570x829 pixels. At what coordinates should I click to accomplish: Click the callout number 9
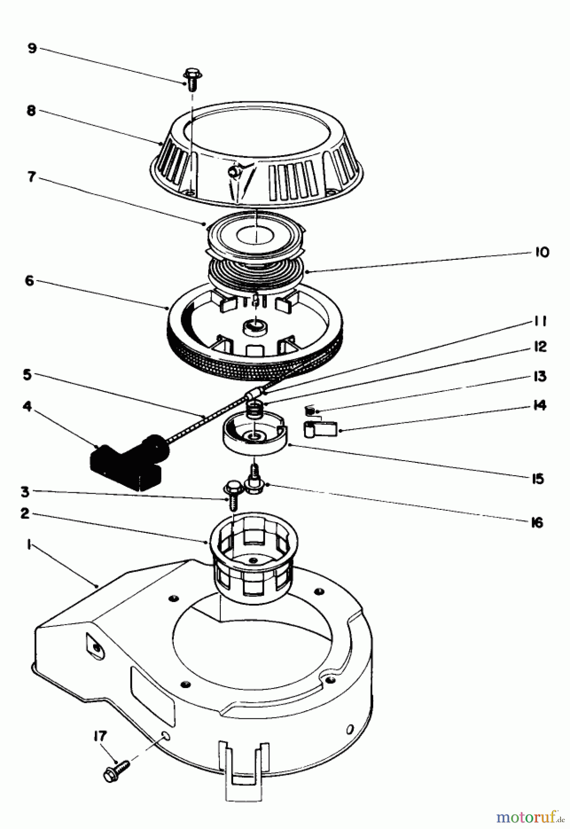32,48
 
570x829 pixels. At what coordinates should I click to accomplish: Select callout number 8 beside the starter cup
31,111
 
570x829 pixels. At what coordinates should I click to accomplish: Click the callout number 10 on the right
542,252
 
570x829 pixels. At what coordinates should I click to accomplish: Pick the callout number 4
27,407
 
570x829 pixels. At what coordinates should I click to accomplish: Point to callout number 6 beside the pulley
29,280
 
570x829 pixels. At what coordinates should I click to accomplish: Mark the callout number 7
31,177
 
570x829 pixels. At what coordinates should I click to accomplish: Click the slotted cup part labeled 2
253,562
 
